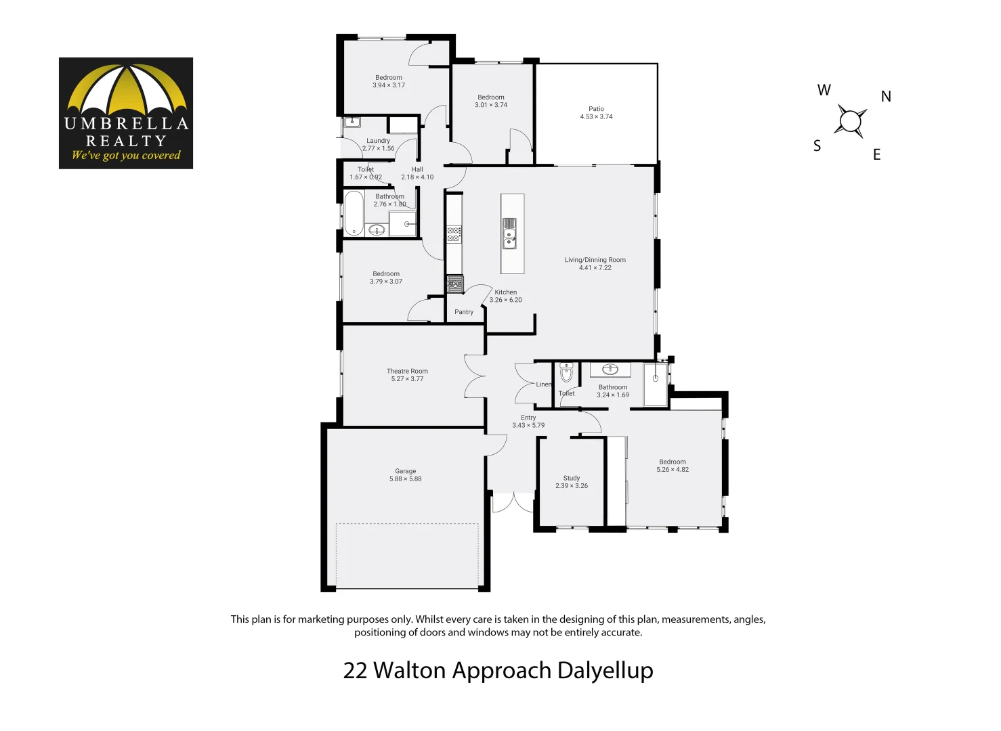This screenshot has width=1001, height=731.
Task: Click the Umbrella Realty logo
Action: pos(126,113)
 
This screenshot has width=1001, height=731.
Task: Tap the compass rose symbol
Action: pos(851,122)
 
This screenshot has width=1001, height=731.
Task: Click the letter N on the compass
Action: pos(886,97)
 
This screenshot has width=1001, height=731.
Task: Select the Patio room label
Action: pos(596,109)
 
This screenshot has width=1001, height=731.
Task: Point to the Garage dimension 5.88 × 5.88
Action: pos(405,479)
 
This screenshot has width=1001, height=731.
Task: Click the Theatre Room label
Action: pos(407,371)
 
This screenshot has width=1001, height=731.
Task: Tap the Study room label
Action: pos(572,478)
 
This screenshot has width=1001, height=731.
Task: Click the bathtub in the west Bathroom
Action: pos(354,213)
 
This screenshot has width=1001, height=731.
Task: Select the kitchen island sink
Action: pos(509,234)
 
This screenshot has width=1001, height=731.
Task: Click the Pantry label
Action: pos(464,312)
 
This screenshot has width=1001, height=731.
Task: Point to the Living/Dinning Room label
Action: pos(595,260)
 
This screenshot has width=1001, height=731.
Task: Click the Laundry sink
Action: pos(352,123)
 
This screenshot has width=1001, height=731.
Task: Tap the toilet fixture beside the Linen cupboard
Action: pos(566,372)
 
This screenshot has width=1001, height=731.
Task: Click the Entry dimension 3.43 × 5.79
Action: pos(528,426)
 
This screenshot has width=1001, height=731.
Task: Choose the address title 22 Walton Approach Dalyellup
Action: pos(498,670)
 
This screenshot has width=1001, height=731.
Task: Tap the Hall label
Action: pos(417,170)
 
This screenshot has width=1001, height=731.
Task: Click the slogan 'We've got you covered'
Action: pos(126,155)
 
